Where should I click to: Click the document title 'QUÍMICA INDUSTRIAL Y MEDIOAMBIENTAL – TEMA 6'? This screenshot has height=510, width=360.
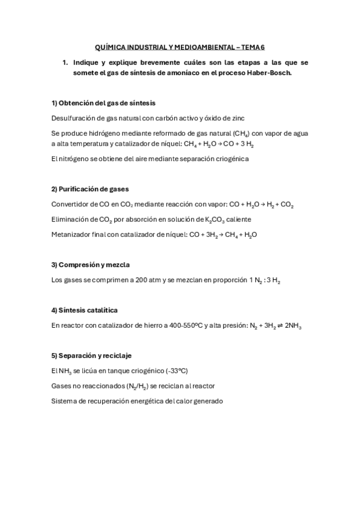pyautogui.click(x=180, y=46)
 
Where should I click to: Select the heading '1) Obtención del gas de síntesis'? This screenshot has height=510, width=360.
pyautogui.click(x=104, y=103)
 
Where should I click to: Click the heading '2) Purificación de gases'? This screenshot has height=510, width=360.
pyautogui.click(x=90, y=189)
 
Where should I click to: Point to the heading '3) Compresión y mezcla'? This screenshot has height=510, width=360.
pyautogui.click(x=90, y=265)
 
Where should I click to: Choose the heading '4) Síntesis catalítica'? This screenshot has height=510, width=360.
pyautogui.click(x=84, y=310)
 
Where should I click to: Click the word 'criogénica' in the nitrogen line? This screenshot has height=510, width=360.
pyautogui.click(x=229, y=159)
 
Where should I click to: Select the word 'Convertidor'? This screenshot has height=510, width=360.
pyautogui.click(x=71, y=204)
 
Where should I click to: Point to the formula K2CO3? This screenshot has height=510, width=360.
pyautogui.click(x=207, y=220)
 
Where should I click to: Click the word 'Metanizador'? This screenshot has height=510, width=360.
pyautogui.click(x=73, y=235)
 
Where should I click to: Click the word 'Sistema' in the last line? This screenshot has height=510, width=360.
pyautogui.click(x=65, y=401)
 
